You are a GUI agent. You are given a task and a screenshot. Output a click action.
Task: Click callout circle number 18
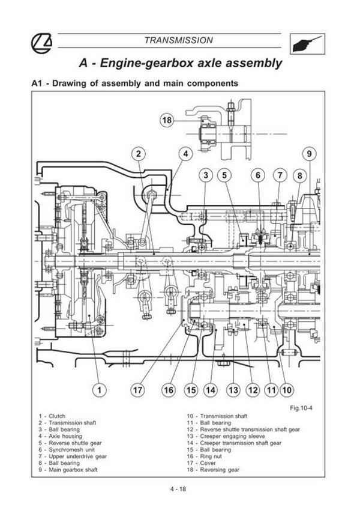click(167, 120)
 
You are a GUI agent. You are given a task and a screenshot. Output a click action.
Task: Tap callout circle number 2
click(138, 154)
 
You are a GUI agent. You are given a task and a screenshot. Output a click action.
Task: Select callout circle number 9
click(309, 154)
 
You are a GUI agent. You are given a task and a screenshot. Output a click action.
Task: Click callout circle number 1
click(100, 390)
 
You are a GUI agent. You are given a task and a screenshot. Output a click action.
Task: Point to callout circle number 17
click(139, 390)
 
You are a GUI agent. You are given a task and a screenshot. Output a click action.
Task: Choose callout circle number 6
click(258, 175)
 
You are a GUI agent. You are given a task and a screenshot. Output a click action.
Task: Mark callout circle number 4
click(185, 154)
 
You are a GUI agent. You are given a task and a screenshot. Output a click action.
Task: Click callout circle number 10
click(287, 390)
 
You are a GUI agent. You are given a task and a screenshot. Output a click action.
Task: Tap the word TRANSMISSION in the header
click(179, 40)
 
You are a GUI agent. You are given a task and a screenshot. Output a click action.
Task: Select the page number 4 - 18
click(179, 490)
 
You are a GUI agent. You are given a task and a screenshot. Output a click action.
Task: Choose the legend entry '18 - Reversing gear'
click(214, 470)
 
